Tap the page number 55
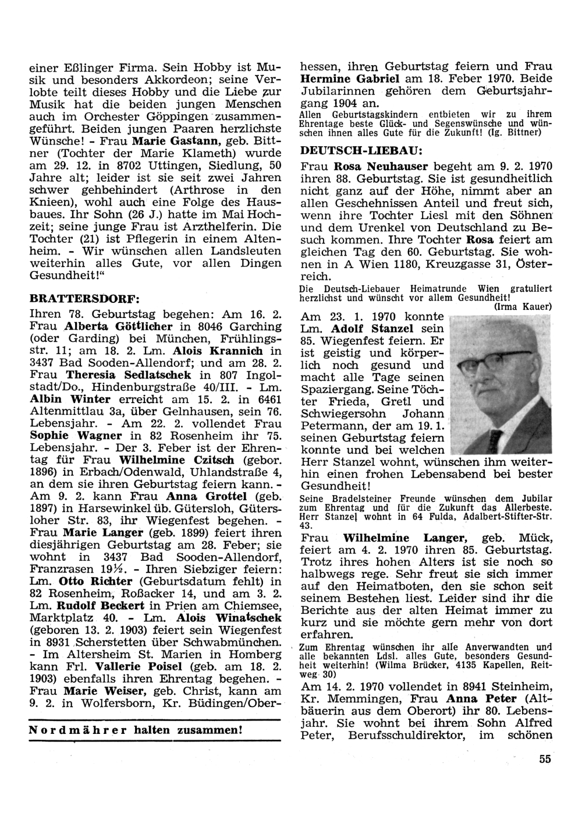tap(544, 758)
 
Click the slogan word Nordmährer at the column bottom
tap(66, 730)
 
